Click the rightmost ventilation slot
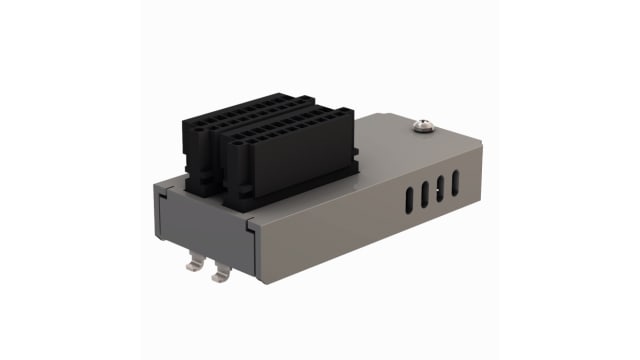coord(456,181)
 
